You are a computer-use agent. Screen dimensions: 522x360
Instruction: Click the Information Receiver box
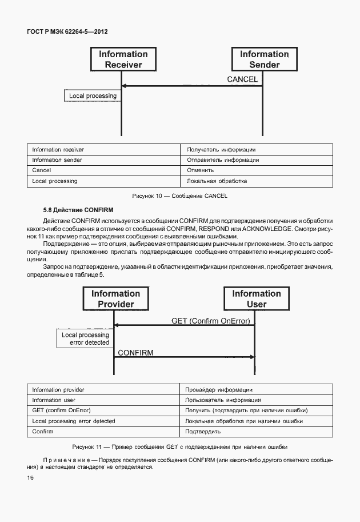123,59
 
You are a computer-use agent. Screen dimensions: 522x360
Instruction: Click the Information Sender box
264,59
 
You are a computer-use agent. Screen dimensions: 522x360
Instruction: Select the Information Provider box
115,299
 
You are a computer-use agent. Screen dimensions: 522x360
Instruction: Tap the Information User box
256,299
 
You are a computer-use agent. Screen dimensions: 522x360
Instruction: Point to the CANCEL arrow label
242,79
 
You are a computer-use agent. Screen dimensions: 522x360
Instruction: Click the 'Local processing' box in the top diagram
93,96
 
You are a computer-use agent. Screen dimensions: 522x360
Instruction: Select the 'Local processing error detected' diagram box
85,338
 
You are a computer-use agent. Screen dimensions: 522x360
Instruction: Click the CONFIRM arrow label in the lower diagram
135,353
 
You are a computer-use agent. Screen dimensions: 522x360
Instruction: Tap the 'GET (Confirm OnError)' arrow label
211,321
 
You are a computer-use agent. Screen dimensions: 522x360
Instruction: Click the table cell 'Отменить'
201,170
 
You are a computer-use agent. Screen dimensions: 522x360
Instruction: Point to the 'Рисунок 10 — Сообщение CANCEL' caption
179,196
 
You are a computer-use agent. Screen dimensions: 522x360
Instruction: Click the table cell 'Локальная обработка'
217,181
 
